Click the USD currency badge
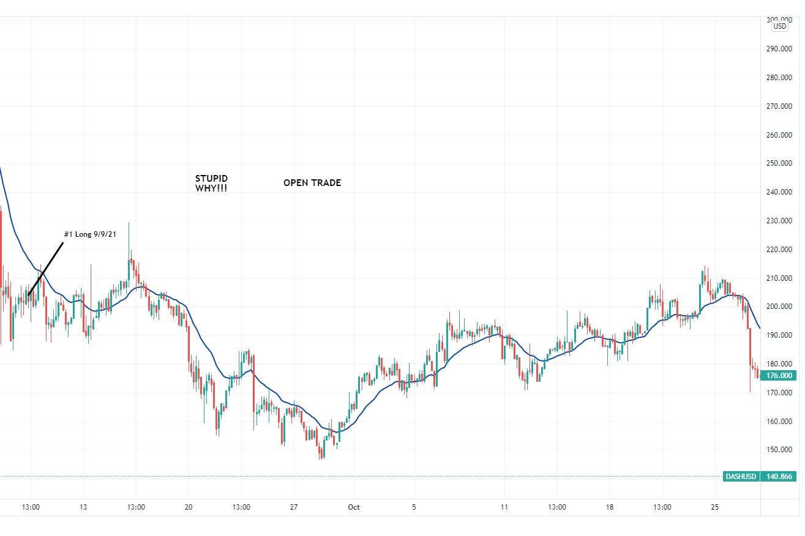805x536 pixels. [x=780, y=26]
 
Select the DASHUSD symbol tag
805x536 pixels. [x=741, y=476]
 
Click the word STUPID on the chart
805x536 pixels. [x=211, y=179]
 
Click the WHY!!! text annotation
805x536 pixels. [x=211, y=188]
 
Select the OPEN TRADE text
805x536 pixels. [x=312, y=183]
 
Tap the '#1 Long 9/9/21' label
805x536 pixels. [x=90, y=234]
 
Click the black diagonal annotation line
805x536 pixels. [x=45, y=269]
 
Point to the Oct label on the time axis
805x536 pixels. [x=354, y=507]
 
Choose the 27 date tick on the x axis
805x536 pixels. [x=294, y=507]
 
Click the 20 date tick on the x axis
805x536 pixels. [x=189, y=507]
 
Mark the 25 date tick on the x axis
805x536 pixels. [x=714, y=507]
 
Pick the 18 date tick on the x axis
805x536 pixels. [x=609, y=507]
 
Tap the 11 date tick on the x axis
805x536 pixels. [x=504, y=507]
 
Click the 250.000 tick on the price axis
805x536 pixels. [x=779, y=163]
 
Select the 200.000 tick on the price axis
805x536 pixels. [x=779, y=307]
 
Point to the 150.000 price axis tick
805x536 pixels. [x=779, y=450]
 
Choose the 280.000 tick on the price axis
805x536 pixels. [x=779, y=78]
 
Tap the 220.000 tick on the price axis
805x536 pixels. [x=779, y=250]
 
